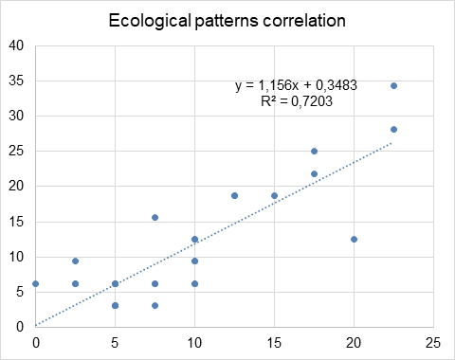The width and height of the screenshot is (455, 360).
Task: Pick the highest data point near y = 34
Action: coord(393,86)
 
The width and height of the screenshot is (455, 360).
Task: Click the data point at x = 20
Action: coord(354,239)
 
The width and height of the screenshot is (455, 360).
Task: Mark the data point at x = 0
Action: coord(36,283)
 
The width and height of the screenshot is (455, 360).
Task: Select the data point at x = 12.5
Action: coord(234,195)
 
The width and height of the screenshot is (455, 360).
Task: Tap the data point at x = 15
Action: coord(274,195)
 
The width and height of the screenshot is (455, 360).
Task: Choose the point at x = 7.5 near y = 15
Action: coord(155,217)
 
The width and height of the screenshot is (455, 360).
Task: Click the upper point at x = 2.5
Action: coord(76,261)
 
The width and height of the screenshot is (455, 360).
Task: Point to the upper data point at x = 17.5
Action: coord(314,151)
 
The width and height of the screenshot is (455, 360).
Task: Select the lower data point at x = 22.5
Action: coord(393,130)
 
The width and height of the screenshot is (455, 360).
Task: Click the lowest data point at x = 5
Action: coord(115,305)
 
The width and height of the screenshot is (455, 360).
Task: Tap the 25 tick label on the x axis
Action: coord(433,341)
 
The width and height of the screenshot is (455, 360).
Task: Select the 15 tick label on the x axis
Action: coord(274,341)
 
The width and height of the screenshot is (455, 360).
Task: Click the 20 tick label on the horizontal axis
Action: coord(354,341)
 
